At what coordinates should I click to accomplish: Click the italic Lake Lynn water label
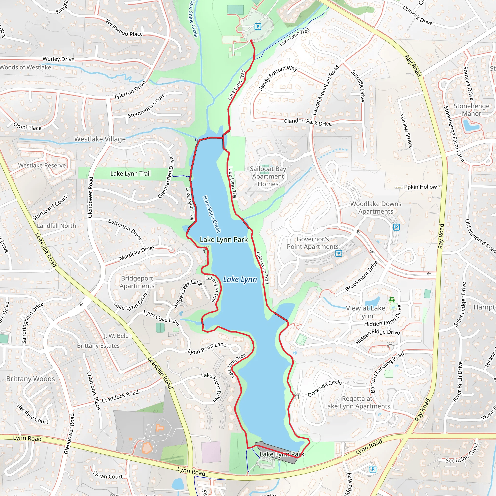click(x=240, y=279)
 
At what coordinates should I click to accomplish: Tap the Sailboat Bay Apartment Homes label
click(x=268, y=176)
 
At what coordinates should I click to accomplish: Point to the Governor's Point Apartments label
click(x=312, y=243)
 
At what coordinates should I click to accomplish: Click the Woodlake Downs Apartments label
click(x=376, y=208)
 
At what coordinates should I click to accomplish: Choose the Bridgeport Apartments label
click(x=137, y=282)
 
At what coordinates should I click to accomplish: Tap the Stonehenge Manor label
click(x=471, y=110)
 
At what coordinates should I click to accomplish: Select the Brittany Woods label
click(x=31, y=379)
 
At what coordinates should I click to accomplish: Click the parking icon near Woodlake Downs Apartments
click(x=396, y=227)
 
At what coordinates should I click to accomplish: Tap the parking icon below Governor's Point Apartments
click(x=339, y=253)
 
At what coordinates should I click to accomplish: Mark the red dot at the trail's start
click(x=251, y=41)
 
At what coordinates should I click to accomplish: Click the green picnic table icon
click(x=392, y=300)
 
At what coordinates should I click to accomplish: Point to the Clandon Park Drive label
click(x=308, y=122)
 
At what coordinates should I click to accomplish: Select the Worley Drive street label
click(x=59, y=59)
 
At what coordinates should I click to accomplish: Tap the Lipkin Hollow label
click(x=420, y=187)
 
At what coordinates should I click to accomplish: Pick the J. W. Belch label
click(x=117, y=336)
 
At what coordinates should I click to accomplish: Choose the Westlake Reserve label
click(x=42, y=165)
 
